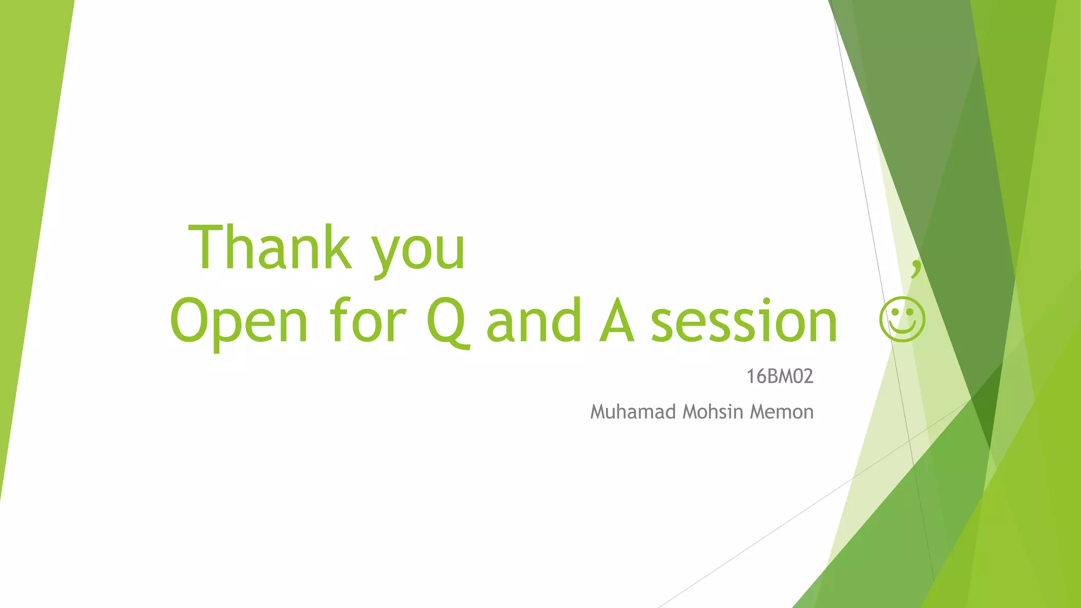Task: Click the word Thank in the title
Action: [x=270, y=248]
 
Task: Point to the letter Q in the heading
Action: [x=447, y=322]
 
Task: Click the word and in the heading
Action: [x=534, y=321]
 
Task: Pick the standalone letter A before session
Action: [x=617, y=321]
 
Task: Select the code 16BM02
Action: [x=779, y=377]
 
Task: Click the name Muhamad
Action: [x=633, y=412]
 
